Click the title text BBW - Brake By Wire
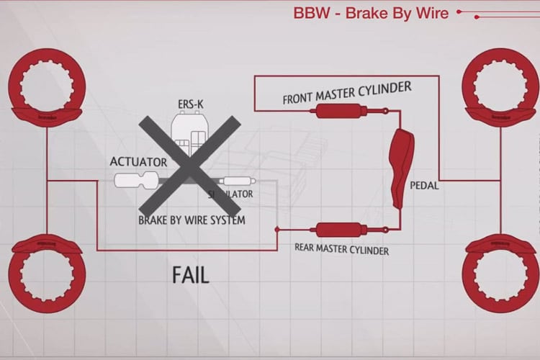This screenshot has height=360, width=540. pyautogui.click(x=371, y=13)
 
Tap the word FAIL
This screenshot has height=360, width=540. pyautogui.click(x=190, y=274)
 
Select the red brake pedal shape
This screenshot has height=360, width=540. pyautogui.click(x=400, y=166)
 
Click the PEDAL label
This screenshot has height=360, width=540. pyautogui.click(x=424, y=185)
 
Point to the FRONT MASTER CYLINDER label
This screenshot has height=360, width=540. pyautogui.click(x=346, y=93)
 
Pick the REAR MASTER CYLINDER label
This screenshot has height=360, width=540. pyautogui.click(x=342, y=249)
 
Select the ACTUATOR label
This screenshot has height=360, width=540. pyautogui.click(x=138, y=162)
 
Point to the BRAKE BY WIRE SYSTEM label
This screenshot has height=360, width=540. pyautogui.click(x=192, y=220)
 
